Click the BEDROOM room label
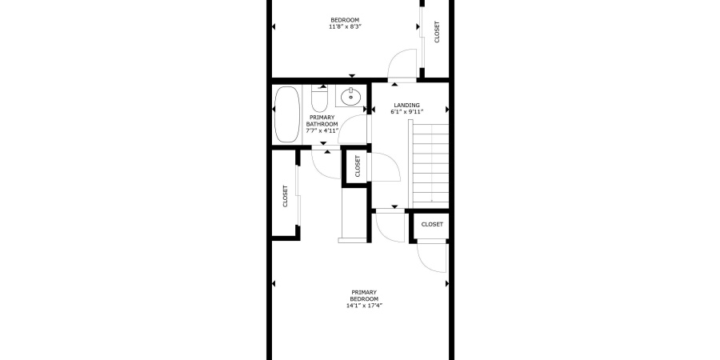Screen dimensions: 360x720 (x=345, y=20)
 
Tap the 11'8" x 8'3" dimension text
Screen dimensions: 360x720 (x=345, y=27)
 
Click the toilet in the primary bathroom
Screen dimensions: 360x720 (x=318, y=99)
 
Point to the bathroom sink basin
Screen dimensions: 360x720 (x=350, y=98)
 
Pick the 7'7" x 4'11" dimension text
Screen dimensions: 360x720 (x=322, y=130)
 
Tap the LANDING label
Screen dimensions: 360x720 (x=407, y=105)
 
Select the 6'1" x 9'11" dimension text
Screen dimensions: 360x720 (x=407, y=112)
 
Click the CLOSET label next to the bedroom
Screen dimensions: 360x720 (x=437, y=32)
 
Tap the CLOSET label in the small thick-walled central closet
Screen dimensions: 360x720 (x=358, y=166)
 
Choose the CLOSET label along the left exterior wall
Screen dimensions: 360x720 (x=285, y=197)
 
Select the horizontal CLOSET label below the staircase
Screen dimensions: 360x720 (x=432, y=225)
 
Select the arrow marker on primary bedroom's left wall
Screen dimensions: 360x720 (x=274, y=284)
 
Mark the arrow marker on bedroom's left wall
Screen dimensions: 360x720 (x=274, y=27)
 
